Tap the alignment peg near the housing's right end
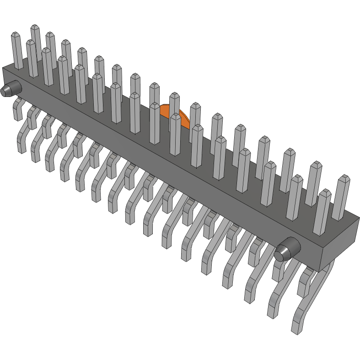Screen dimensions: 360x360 tap(287, 250)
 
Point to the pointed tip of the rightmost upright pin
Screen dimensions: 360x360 tap(344, 177)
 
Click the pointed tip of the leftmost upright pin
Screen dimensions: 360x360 tap(15, 34)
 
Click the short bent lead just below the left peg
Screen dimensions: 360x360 tap(18, 108)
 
